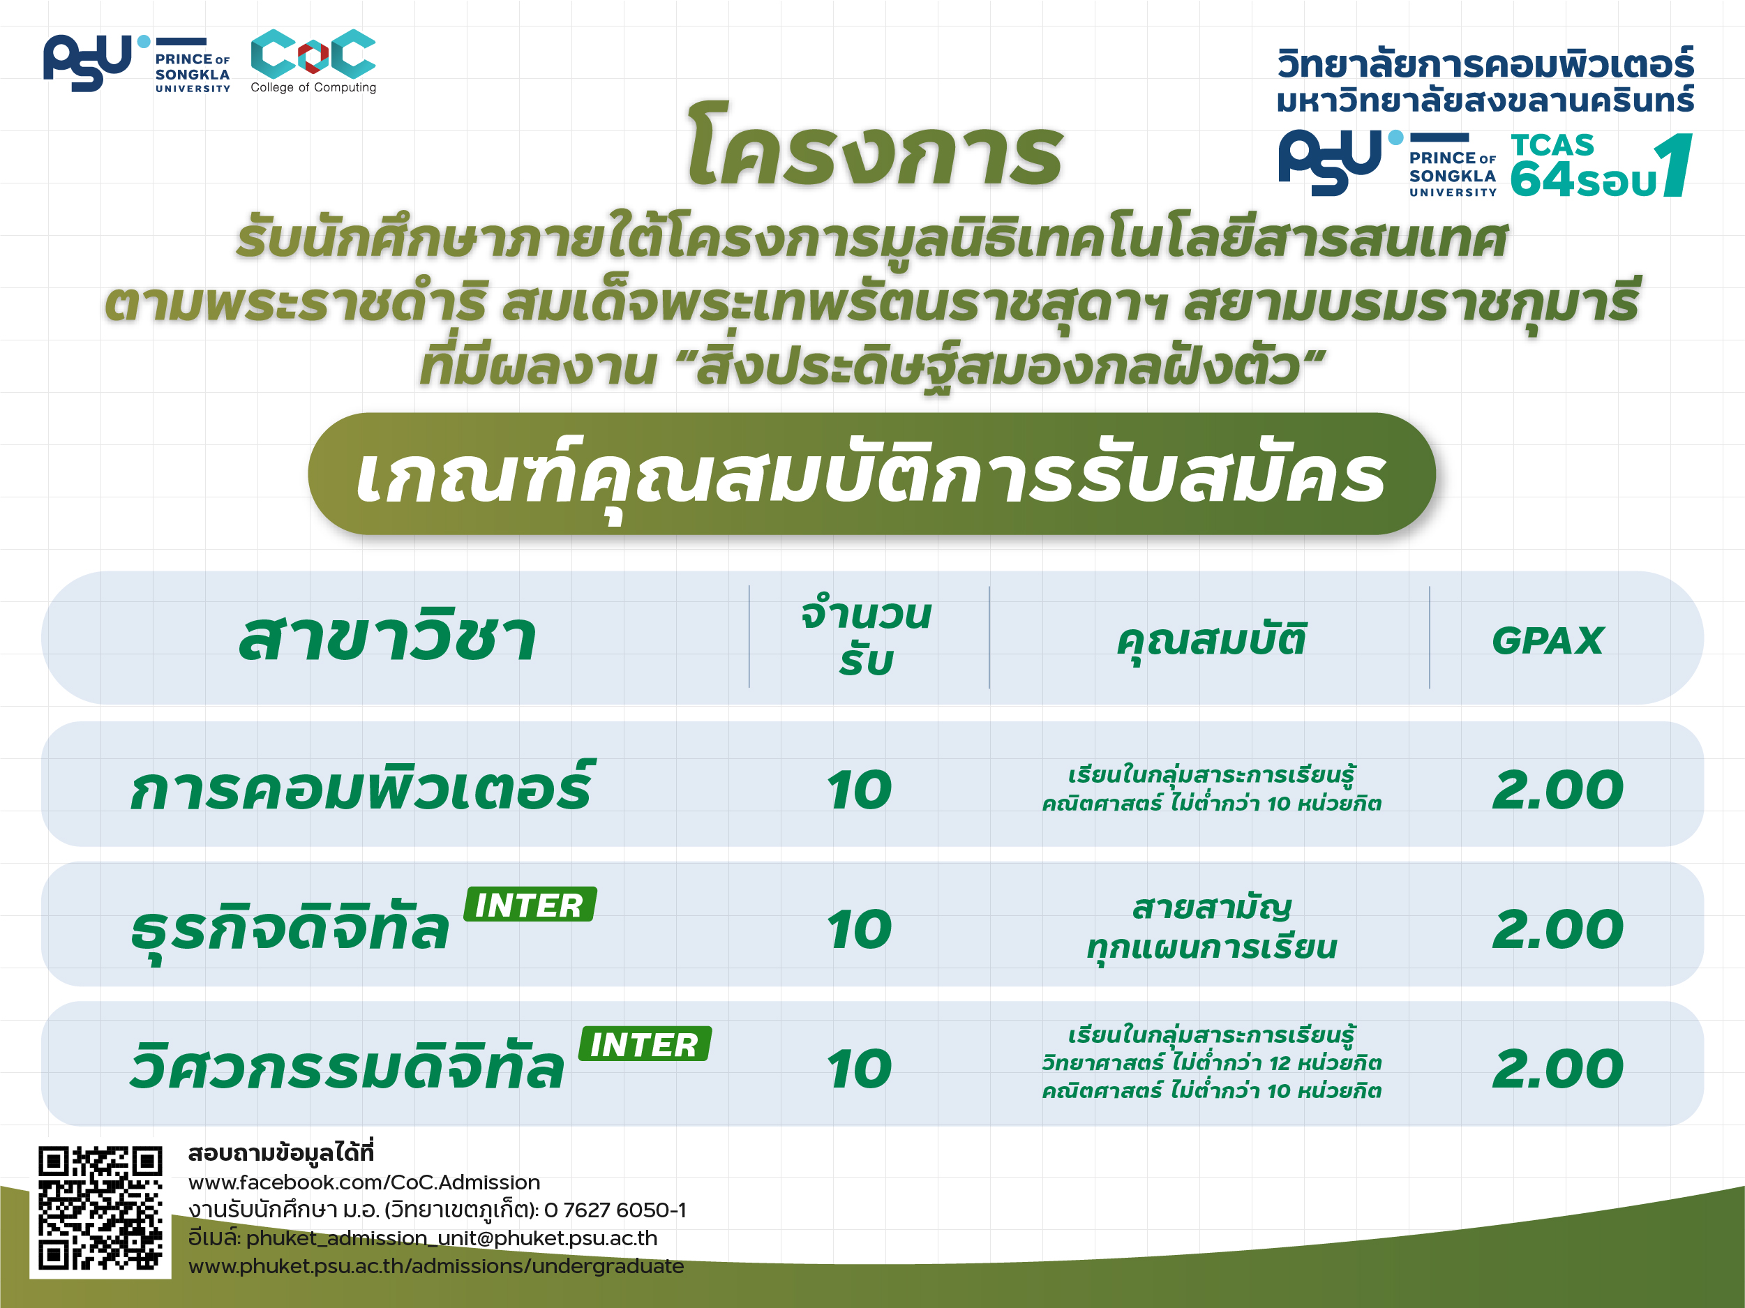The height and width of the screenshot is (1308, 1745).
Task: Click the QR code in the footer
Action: [x=100, y=1208]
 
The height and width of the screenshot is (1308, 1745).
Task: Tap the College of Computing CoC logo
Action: [x=313, y=61]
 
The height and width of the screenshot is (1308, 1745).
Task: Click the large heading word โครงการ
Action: [x=875, y=146]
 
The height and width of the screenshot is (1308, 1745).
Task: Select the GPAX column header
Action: [x=1548, y=640]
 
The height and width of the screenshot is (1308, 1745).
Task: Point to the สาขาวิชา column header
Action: [x=388, y=636]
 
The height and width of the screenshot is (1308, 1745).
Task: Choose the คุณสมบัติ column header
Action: [x=1212, y=640]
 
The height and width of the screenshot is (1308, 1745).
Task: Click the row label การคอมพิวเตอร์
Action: [x=363, y=785]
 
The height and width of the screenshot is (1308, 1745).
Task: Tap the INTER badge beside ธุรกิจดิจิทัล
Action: [x=530, y=904]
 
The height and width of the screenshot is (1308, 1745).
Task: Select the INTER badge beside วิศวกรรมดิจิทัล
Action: [x=645, y=1044]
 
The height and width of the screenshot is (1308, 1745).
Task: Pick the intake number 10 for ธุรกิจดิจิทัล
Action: [x=860, y=929]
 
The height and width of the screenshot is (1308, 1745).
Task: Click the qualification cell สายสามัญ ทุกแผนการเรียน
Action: [x=1212, y=928]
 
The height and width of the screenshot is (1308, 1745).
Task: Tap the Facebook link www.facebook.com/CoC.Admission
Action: [x=364, y=1182]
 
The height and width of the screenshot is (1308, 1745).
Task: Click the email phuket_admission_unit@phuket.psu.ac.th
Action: [x=452, y=1238]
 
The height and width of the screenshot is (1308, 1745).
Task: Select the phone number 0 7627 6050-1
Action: [x=615, y=1210]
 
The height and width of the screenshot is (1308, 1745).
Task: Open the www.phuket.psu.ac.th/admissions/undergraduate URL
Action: [x=436, y=1265]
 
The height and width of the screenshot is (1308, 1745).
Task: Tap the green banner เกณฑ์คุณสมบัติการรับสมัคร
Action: [x=871, y=474]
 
